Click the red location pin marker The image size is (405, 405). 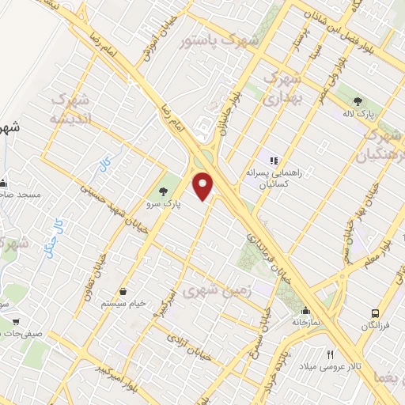(x=204, y=186)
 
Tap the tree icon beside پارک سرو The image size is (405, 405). (x=164, y=191)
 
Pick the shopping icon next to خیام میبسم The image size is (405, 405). (x=123, y=292)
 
